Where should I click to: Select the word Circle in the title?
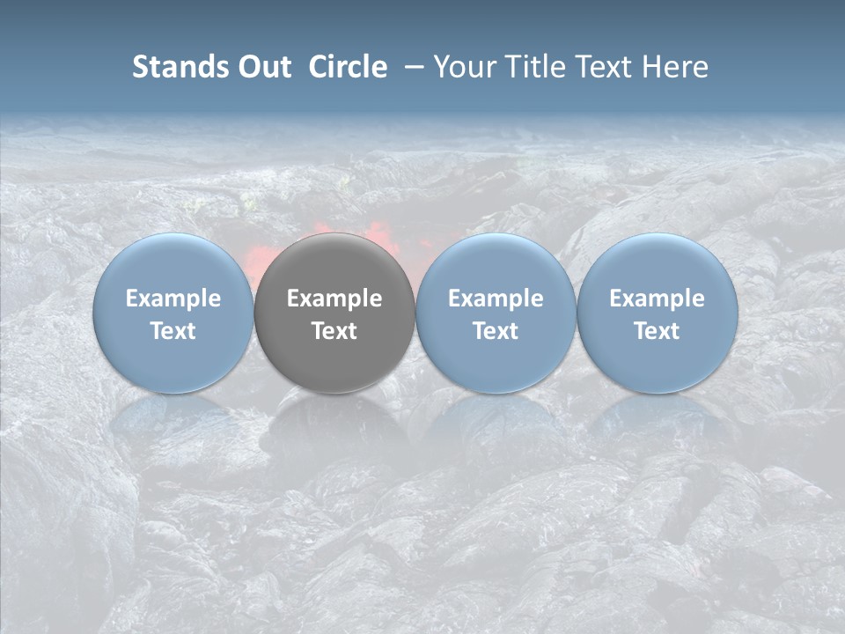[348, 67]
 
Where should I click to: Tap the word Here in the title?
[675, 67]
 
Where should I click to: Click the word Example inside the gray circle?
[334, 299]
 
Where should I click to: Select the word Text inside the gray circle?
[334, 331]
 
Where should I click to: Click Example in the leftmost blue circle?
[173, 299]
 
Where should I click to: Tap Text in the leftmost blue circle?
[173, 331]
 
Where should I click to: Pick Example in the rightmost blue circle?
[657, 299]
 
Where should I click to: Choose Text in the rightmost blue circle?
[657, 331]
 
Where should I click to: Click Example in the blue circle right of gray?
[496, 299]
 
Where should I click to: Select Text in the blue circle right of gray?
[496, 331]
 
